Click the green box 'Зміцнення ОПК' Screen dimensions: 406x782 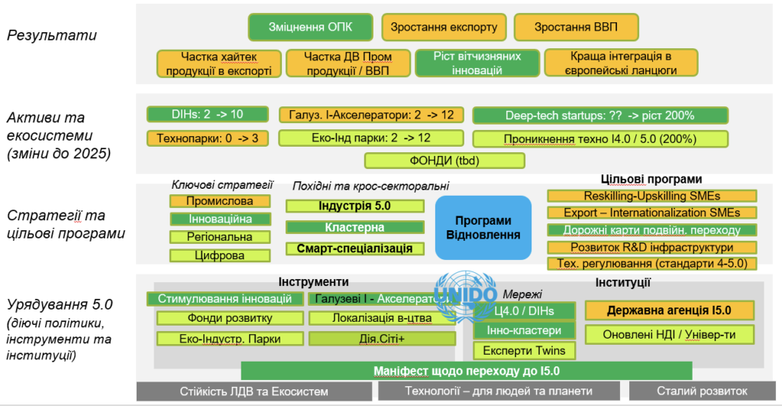(311, 28)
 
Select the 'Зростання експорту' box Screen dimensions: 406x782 (444, 28)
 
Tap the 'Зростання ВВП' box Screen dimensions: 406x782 (576, 28)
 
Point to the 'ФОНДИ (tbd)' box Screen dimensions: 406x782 (444, 161)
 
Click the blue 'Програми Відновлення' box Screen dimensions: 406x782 (483, 227)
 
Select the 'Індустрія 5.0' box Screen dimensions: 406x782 (354, 206)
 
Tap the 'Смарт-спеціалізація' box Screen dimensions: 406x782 (354, 248)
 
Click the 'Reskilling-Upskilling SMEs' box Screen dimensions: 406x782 (651, 196)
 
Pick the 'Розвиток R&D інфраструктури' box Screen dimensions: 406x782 (651, 247)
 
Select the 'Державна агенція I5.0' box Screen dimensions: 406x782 (669, 310)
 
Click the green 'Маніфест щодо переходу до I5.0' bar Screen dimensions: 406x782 (466, 371)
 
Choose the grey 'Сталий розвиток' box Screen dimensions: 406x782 (703, 391)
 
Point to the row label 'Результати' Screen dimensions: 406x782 (51, 35)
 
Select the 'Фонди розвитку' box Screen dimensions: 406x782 (225, 318)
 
